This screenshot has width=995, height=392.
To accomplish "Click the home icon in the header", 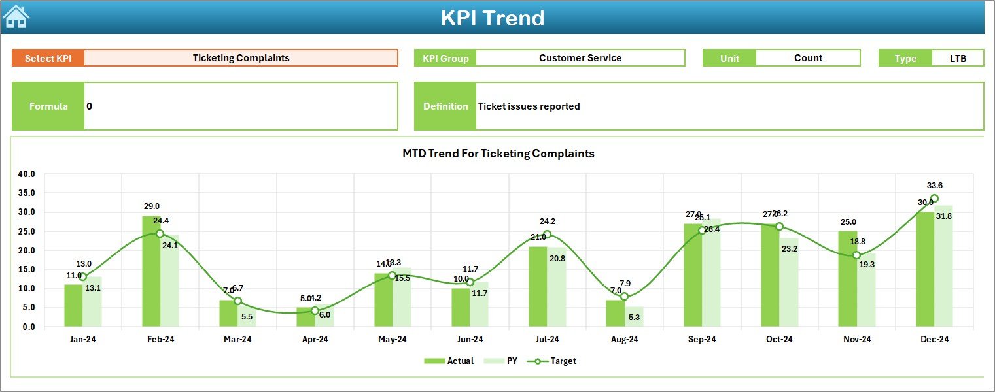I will tap(16, 17).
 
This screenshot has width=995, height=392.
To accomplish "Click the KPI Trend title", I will tap(492, 18).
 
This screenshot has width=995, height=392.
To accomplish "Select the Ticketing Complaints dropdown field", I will tap(241, 58).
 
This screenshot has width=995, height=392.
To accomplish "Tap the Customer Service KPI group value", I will tap(580, 58).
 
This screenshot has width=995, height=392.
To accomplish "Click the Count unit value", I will tap(808, 58).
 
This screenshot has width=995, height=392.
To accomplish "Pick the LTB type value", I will tap(958, 58).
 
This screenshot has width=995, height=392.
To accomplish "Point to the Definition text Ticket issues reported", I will tap(529, 106).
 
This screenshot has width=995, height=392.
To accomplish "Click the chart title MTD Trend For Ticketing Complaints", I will tap(498, 154).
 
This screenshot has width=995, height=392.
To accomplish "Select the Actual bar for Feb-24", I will tap(151, 271).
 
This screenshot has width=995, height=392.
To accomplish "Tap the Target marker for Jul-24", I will tap(547, 235).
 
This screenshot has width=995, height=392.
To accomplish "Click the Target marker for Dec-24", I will tap(934, 199).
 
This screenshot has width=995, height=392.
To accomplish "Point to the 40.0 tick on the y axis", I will tap(27, 174).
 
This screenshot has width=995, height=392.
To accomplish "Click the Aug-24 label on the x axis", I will tap(624, 340).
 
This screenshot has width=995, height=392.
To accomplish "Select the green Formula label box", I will tap(48, 106).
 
